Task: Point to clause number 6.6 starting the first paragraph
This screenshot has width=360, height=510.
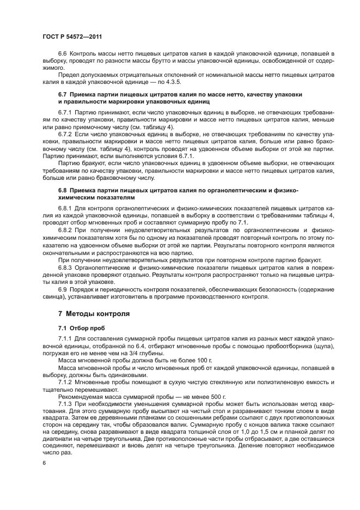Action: [62, 54]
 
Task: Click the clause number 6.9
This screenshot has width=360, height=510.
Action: [62, 290]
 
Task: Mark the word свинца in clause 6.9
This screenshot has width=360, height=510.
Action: [55, 297]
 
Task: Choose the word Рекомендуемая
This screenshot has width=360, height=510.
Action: [81, 397]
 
